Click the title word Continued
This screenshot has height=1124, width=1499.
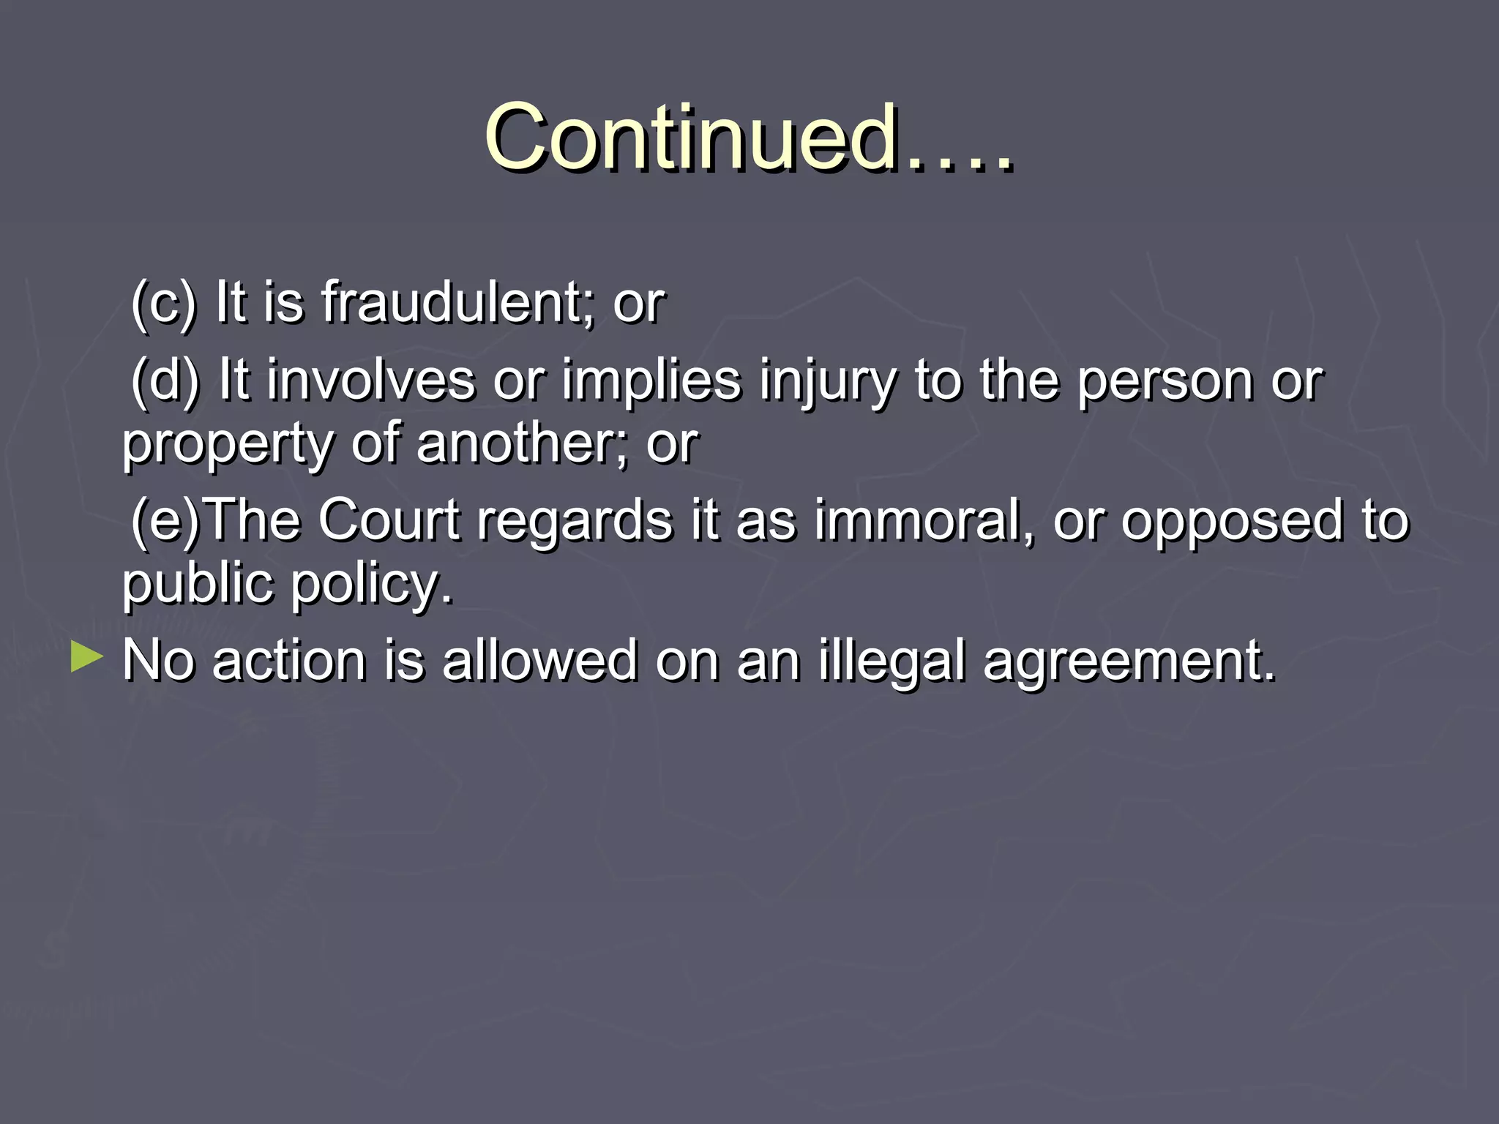[x=692, y=137]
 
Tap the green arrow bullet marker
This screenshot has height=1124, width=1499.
[x=87, y=657]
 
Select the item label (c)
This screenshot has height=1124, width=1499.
[x=163, y=301]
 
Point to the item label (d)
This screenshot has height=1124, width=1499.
[x=165, y=380]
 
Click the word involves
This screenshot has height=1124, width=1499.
[x=370, y=380]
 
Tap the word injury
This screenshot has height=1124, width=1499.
[x=827, y=381]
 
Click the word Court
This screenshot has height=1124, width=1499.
[x=389, y=520]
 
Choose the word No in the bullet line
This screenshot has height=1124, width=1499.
[x=158, y=660]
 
